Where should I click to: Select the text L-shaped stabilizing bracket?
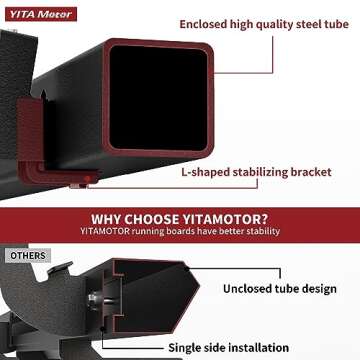[256, 172]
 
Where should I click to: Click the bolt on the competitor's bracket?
[92, 297]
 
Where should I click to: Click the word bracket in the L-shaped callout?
[309, 172]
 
